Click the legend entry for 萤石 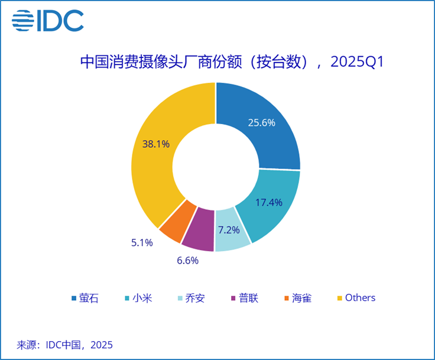[x=85, y=297]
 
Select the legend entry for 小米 [x=138, y=297]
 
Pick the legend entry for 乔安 [x=191, y=297]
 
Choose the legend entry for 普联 [x=244, y=297]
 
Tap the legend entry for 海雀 [x=297, y=297]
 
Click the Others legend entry [x=356, y=297]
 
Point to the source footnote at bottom [x=64, y=345]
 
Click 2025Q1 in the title [x=356, y=62]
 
